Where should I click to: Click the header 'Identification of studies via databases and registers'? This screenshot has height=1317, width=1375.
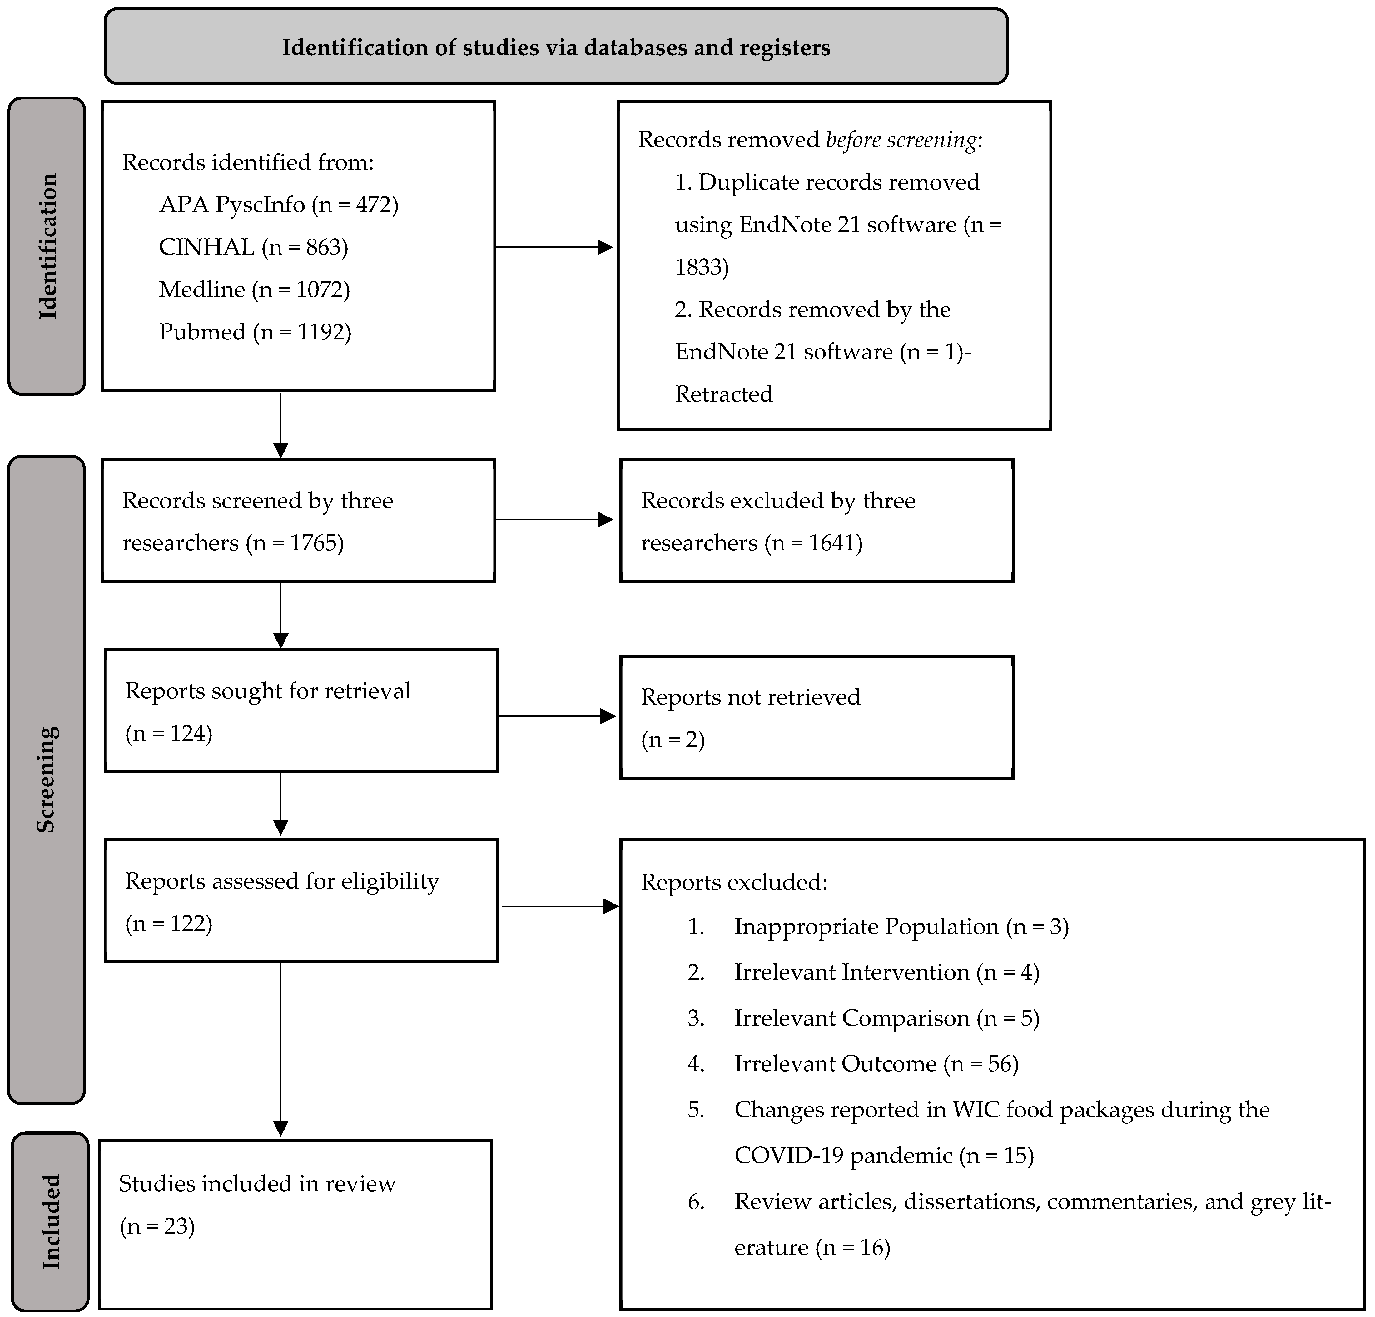556,48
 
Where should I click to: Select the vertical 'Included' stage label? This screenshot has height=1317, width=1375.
51,1221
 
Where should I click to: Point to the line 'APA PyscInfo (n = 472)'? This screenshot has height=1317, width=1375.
279,205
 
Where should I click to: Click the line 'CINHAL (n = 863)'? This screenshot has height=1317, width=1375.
253,247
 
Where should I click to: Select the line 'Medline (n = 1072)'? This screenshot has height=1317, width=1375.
254,290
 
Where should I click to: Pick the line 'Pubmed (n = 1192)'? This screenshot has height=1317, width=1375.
255,332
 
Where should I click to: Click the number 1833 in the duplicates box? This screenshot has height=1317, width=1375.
701,267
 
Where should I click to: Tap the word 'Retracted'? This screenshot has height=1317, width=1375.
723,394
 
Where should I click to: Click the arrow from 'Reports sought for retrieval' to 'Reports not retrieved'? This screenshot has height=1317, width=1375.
556,716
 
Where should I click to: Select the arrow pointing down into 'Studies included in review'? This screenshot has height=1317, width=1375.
280,1052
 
